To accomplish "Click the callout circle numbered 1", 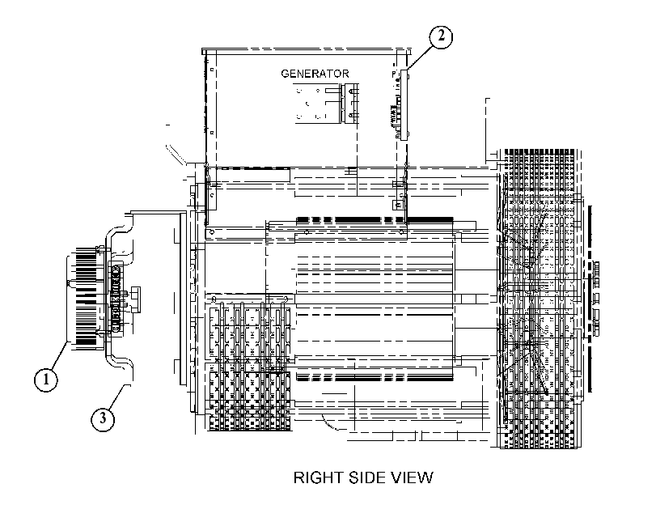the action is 45,380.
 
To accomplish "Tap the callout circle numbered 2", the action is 441,36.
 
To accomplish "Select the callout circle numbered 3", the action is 103,418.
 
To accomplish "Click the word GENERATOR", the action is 315,74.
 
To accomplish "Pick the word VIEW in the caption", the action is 412,477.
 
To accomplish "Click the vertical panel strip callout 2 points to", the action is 404,104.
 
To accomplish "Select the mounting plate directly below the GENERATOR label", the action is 325,104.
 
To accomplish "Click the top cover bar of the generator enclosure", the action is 307,52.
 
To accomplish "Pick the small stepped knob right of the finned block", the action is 135,299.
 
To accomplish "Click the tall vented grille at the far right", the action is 539,299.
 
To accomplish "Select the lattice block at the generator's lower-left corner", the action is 249,363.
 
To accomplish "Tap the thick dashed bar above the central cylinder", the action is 375,219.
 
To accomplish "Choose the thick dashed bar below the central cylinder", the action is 375,378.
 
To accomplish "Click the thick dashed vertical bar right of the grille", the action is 590,299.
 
